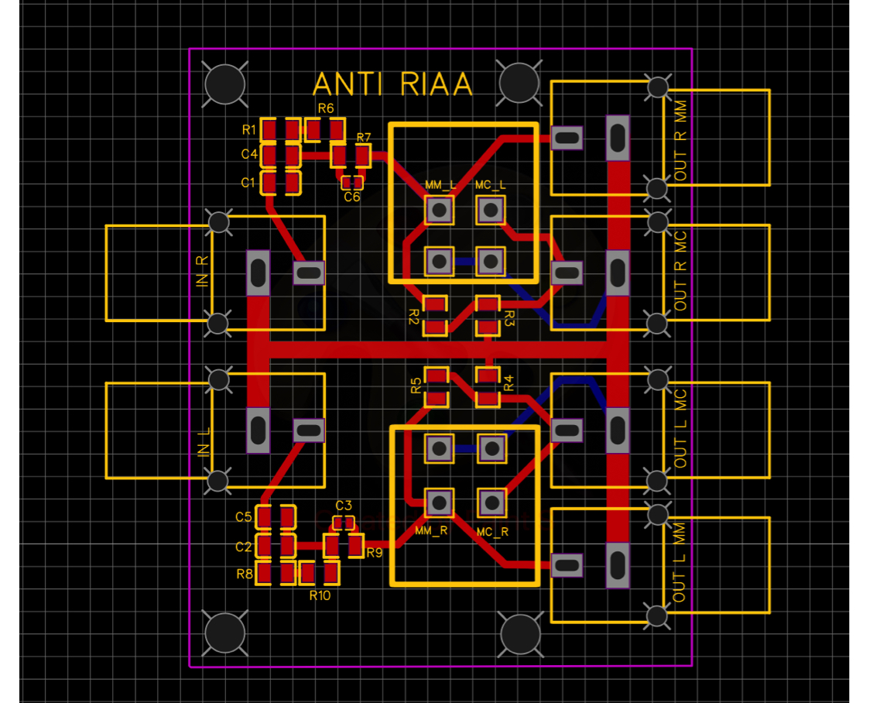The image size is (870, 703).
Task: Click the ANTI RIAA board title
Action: (392, 85)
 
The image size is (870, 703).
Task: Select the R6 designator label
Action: (326, 108)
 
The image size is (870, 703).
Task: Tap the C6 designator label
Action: (351, 197)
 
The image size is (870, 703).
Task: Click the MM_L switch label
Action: (440, 185)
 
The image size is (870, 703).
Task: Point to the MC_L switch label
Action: (491, 185)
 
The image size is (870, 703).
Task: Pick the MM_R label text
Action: (431, 531)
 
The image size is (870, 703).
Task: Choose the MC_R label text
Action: (493, 532)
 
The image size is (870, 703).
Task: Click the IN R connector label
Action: (202, 271)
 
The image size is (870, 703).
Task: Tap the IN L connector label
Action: (204, 441)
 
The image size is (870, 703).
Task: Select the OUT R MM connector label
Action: (680, 140)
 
